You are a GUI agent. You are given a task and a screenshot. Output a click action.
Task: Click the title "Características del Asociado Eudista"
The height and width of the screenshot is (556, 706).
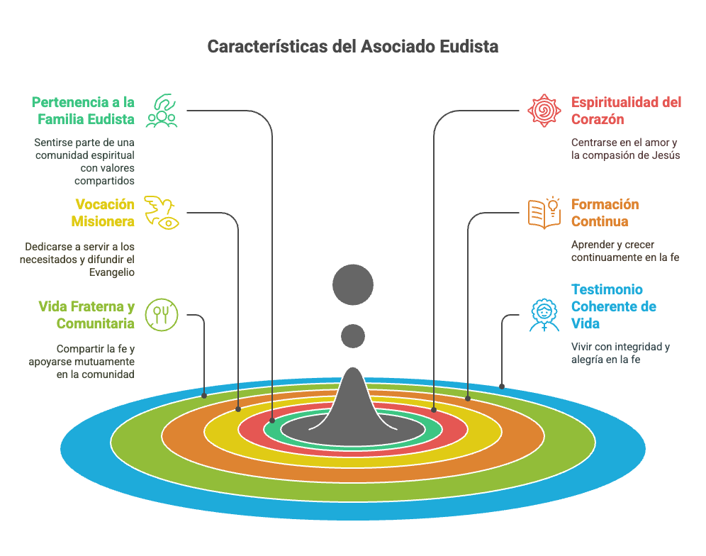(352, 46)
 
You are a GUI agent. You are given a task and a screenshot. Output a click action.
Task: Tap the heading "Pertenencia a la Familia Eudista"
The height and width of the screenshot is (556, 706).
(84, 111)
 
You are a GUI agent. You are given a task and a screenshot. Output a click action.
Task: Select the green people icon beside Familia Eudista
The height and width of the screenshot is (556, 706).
(162, 111)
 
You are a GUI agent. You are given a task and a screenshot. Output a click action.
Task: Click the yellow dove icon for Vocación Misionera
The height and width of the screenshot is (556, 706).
(161, 213)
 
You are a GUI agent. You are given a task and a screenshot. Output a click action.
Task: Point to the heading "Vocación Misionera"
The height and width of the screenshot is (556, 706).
(103, 213)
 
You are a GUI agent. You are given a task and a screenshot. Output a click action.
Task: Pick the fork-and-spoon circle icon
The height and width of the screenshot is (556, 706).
(162, 314)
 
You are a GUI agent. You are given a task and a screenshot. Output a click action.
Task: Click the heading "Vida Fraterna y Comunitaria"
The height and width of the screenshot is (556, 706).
(86, 315)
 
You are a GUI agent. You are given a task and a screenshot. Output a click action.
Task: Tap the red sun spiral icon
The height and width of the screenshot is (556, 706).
(544, 111)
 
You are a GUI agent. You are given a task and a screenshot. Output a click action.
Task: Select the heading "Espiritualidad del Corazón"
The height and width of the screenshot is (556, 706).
(626, 111)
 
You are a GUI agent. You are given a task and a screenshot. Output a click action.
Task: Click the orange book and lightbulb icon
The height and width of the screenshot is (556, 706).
(544, 213)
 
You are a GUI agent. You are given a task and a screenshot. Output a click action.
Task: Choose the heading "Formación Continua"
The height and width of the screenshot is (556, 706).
(605, 213)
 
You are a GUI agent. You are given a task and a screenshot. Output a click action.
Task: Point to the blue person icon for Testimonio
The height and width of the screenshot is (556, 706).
(544, 315)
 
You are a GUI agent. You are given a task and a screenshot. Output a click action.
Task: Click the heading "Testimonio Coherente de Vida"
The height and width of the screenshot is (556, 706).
(613, 306)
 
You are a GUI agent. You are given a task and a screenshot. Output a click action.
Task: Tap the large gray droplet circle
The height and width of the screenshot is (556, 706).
(353, 285)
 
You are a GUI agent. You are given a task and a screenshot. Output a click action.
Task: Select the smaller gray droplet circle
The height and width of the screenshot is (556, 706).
(353, 336)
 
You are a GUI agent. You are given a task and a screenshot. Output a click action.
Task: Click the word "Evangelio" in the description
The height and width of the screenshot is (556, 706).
(112, 272)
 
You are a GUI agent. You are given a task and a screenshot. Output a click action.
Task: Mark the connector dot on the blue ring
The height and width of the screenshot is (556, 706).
(502, 386)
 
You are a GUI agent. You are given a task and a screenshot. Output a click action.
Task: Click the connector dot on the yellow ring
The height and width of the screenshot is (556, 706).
(434, 410)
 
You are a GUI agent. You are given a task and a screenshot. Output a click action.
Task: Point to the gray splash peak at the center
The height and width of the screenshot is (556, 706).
(353, 374)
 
